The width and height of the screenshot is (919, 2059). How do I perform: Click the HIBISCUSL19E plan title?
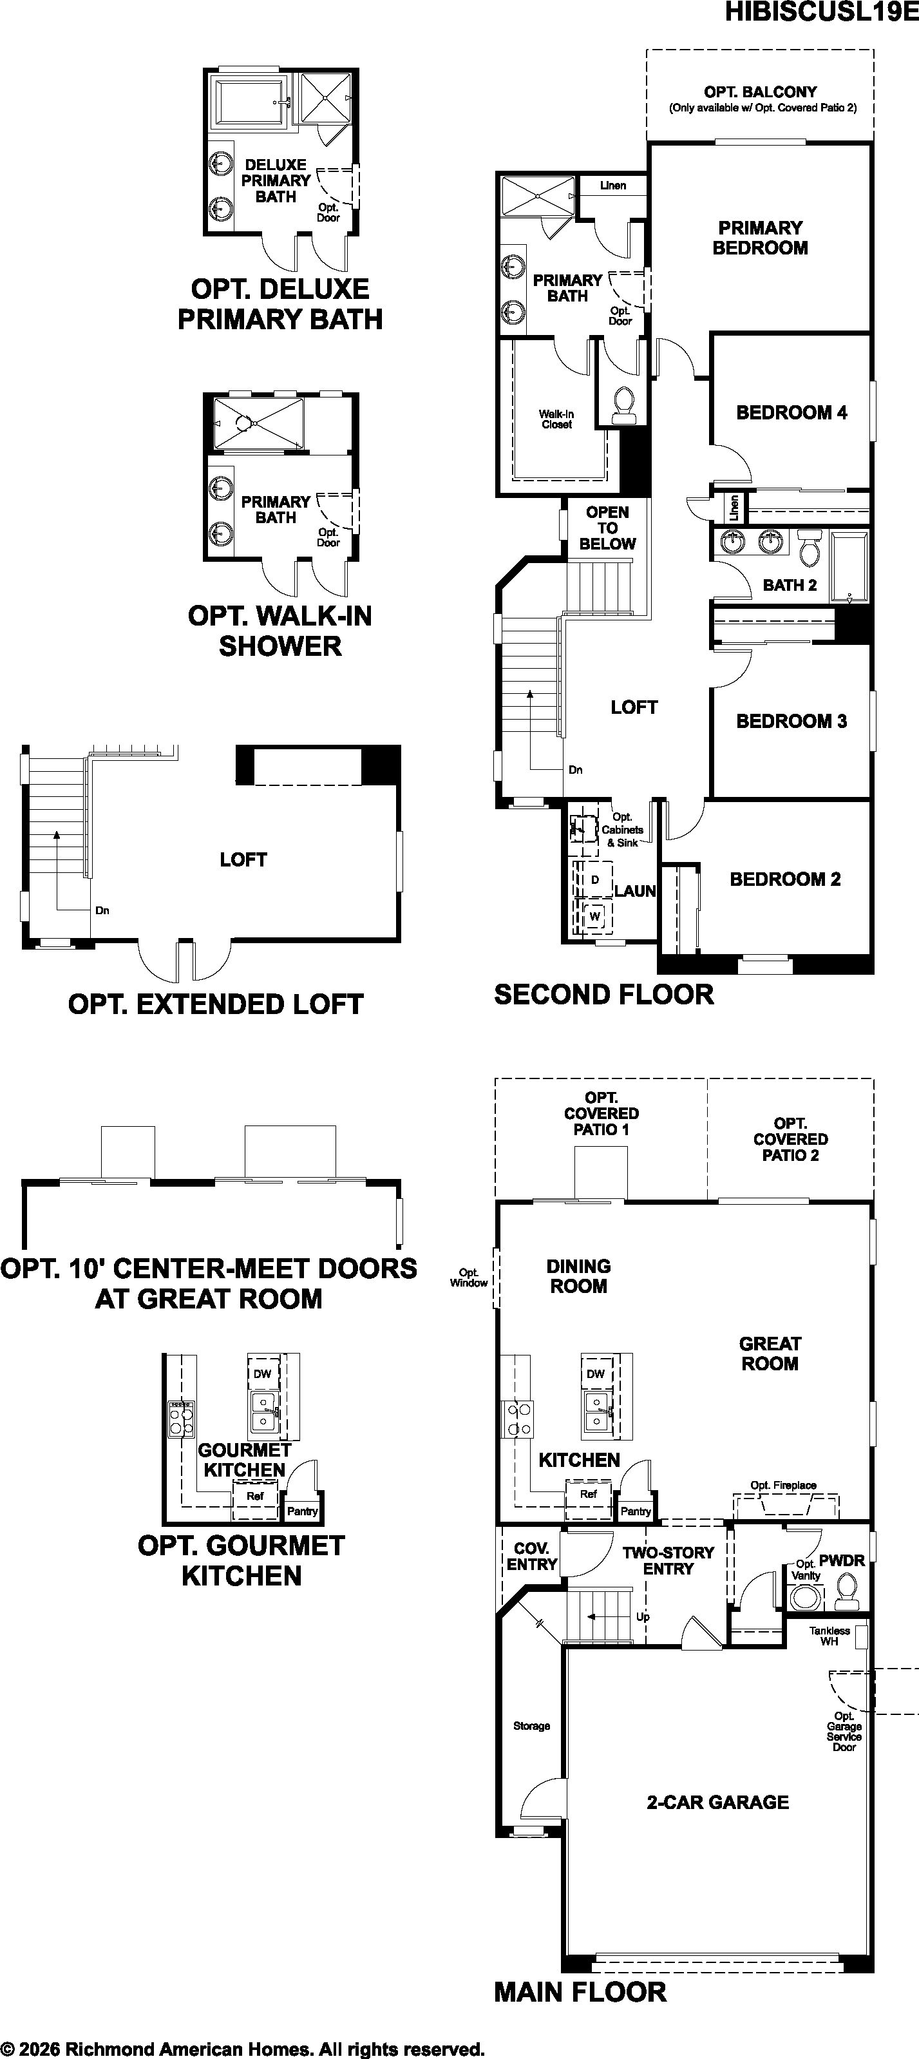click(822, 14)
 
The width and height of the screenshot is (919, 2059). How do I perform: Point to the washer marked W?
click(594, 916)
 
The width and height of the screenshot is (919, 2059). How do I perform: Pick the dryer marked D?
click(594, 879)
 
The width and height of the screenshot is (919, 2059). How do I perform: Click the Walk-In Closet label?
click(556, 419)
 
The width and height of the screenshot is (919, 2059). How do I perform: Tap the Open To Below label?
click(607, 528)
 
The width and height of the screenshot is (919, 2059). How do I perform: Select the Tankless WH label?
click(829, 1635)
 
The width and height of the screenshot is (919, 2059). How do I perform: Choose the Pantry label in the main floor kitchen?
click(636, 1511)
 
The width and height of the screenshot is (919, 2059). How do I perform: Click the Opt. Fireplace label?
click(783, 1485)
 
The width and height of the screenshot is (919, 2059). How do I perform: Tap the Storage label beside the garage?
click(531, 1726)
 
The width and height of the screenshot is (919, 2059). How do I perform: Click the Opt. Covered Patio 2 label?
click(790, 1139)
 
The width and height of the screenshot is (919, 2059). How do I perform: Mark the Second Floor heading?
click(604, 994)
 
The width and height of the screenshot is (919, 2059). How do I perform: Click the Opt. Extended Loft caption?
click(216, 1004)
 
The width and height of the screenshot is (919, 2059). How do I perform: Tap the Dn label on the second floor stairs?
click(575, 770)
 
